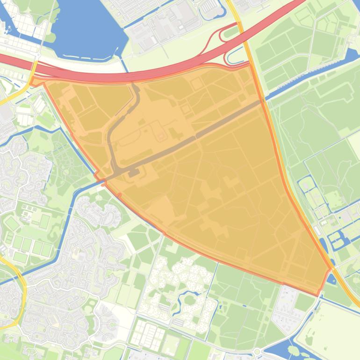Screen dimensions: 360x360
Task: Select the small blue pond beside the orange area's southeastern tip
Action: click(x=331, y=280)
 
